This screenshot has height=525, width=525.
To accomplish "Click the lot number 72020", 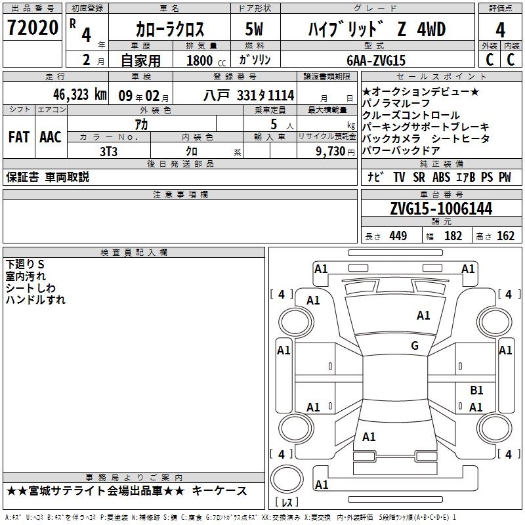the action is (x=32, y=28).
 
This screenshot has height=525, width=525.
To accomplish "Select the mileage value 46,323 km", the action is (x=80, y=94).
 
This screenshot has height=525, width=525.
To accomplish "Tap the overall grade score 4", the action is (x=500, y=30).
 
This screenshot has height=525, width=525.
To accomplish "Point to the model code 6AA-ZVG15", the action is (x=376, y=60).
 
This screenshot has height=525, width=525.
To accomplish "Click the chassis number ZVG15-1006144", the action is (x=441, y=209).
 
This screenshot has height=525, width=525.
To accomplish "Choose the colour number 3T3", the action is (x=108, y=152).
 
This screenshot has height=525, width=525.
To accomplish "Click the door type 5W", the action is (x=254, y=29).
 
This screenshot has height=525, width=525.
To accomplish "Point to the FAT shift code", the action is (x=19, y=137).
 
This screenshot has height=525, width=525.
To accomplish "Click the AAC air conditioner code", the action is (x=51, y=137).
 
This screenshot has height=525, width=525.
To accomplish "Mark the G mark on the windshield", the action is (x=415, y=345).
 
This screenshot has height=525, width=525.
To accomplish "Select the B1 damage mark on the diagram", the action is (x=476, y=390).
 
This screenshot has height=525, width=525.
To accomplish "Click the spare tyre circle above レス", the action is (x=287, y=478).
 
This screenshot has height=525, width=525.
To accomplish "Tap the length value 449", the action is (x=398, y=236).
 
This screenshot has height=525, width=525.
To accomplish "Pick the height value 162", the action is (x=505, y=236).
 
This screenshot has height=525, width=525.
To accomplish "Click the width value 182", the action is (x=453, y=236).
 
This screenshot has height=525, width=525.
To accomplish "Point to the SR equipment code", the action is (x=419, y=177).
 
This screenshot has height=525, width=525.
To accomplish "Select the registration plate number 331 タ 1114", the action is (x=266, y=95).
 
